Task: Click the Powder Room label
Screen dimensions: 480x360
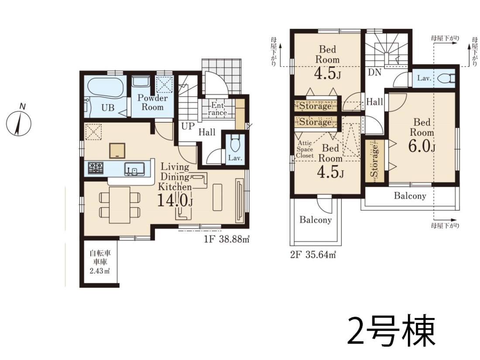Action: (x=152, y=103)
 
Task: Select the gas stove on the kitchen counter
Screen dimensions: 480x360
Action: (x=96, y=168)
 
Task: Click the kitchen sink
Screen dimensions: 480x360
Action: (x=135, y=169)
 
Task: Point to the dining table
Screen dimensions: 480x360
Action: (x=120, y=205)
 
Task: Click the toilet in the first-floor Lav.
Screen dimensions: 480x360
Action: (x=235, y=143)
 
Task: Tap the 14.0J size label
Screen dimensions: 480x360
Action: (x=175, y=201)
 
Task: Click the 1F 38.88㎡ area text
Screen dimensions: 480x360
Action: (x=227, y=239)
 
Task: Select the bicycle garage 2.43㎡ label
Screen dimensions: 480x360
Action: (x=100, y=262)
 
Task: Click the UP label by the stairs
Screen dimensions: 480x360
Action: (x=188, y=126)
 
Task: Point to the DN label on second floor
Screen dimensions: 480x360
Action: (x=374, y=72)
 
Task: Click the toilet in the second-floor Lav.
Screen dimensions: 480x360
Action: (x=447, y=79)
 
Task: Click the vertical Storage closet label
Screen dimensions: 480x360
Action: (x=374, y=161)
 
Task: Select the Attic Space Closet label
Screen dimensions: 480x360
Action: (x=305, y=149)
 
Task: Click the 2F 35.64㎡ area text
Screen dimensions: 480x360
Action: (x=313, y=254)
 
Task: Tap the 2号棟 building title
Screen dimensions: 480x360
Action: (x=391, y=331)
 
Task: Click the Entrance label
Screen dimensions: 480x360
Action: (x=217, y=109)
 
